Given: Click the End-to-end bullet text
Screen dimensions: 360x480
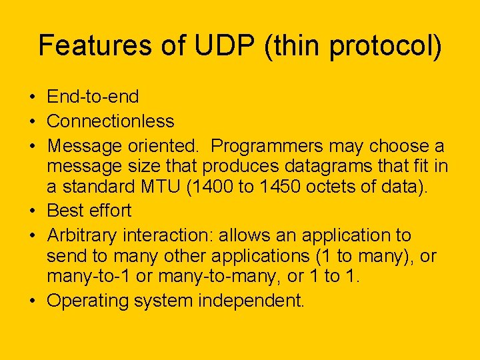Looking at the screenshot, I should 93,97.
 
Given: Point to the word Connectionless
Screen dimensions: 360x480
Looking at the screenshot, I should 111,121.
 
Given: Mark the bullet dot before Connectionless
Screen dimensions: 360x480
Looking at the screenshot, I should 33,122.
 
